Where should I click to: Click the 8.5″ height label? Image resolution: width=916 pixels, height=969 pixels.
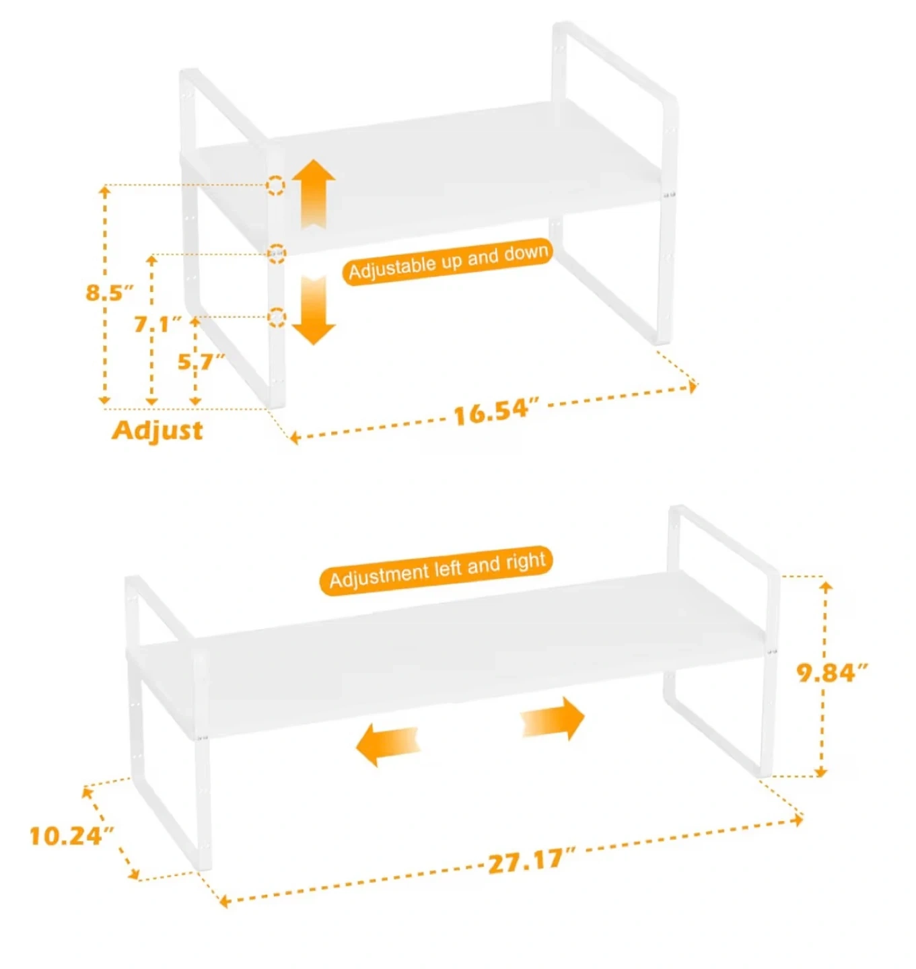tap(110, 292)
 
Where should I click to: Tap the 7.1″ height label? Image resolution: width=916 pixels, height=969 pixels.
tap(157, 324)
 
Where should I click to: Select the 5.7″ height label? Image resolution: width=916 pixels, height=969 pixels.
tap(201, 362)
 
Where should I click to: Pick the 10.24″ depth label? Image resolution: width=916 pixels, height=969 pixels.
tap(72, 836)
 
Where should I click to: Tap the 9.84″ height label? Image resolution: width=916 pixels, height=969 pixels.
tap(833, 674)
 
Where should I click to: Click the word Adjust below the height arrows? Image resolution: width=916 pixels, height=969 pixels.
tap(157, 430)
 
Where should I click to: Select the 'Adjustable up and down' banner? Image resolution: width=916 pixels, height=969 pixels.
tap(446, 262)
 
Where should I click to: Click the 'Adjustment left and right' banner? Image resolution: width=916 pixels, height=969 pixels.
tap(436, 570)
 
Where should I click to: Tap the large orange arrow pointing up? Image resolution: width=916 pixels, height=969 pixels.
tap(314, 194)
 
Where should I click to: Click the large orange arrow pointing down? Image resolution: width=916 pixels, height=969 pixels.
tap(314, 310)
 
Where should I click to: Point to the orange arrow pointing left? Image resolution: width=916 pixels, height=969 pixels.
tap(388, 744)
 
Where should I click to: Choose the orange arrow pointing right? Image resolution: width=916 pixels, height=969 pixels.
tap(553, 718)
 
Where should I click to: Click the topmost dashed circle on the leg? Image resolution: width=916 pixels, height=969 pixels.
tap(275, 185)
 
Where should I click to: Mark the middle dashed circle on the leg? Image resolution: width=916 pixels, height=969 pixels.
tap(277, 254)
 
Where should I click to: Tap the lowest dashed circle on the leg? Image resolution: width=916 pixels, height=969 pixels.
tap(277, 317)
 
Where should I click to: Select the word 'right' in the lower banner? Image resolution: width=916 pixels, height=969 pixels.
tap(526, 563)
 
